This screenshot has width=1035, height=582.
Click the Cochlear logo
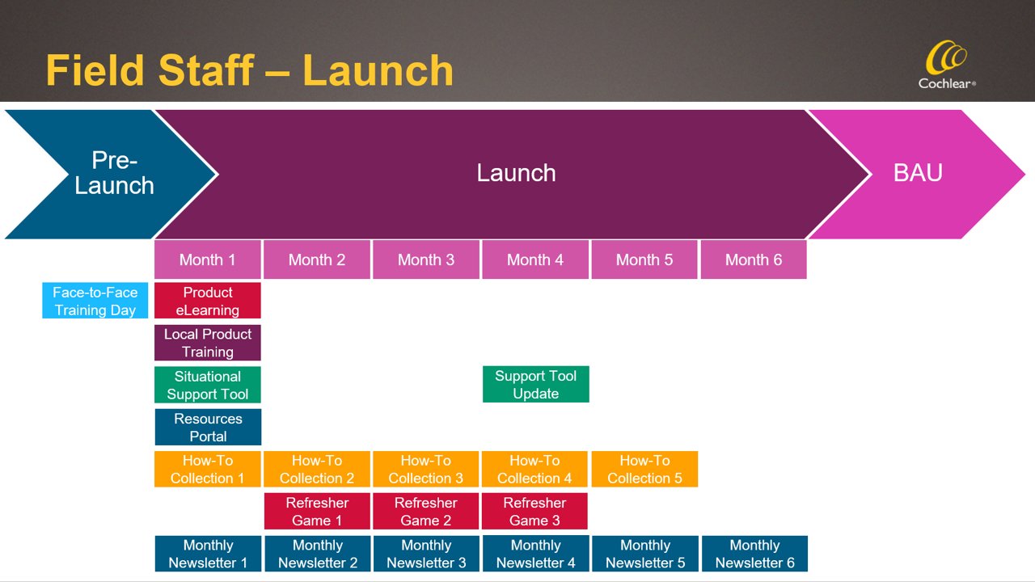(x=947, y=67)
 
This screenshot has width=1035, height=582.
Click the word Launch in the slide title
(x=378, y=70)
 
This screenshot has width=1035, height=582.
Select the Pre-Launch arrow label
(x=114, y=173)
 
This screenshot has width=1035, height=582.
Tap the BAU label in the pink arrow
(x=919, y=173)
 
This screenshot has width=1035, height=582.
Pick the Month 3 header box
(x=426, y=259)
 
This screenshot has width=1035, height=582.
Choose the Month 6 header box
(x=754, y=259)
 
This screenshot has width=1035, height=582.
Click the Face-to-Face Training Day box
(x=95, y=301)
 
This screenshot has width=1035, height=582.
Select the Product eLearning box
(x=208, y=301)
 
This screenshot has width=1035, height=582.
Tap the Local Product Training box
(x=208, y=343)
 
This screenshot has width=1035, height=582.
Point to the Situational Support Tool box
(x=208, y=385)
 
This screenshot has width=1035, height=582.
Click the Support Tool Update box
(x=536, y=384)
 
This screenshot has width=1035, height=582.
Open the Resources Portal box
(x=208, y=427)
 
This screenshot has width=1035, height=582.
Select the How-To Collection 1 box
(x=208, y=469)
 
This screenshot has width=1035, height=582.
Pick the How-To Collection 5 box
(x=644, y=469)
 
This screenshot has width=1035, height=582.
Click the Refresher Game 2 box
(x=426, y=512)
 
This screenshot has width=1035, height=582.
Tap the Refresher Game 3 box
(x=534, y=512)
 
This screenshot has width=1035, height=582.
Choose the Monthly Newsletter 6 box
(x=754, y=554)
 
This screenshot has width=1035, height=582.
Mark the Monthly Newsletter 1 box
(x=208, y=554)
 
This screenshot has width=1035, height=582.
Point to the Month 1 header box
(x=208, y=259)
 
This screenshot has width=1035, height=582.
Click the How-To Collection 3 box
(x=426, y=469)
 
